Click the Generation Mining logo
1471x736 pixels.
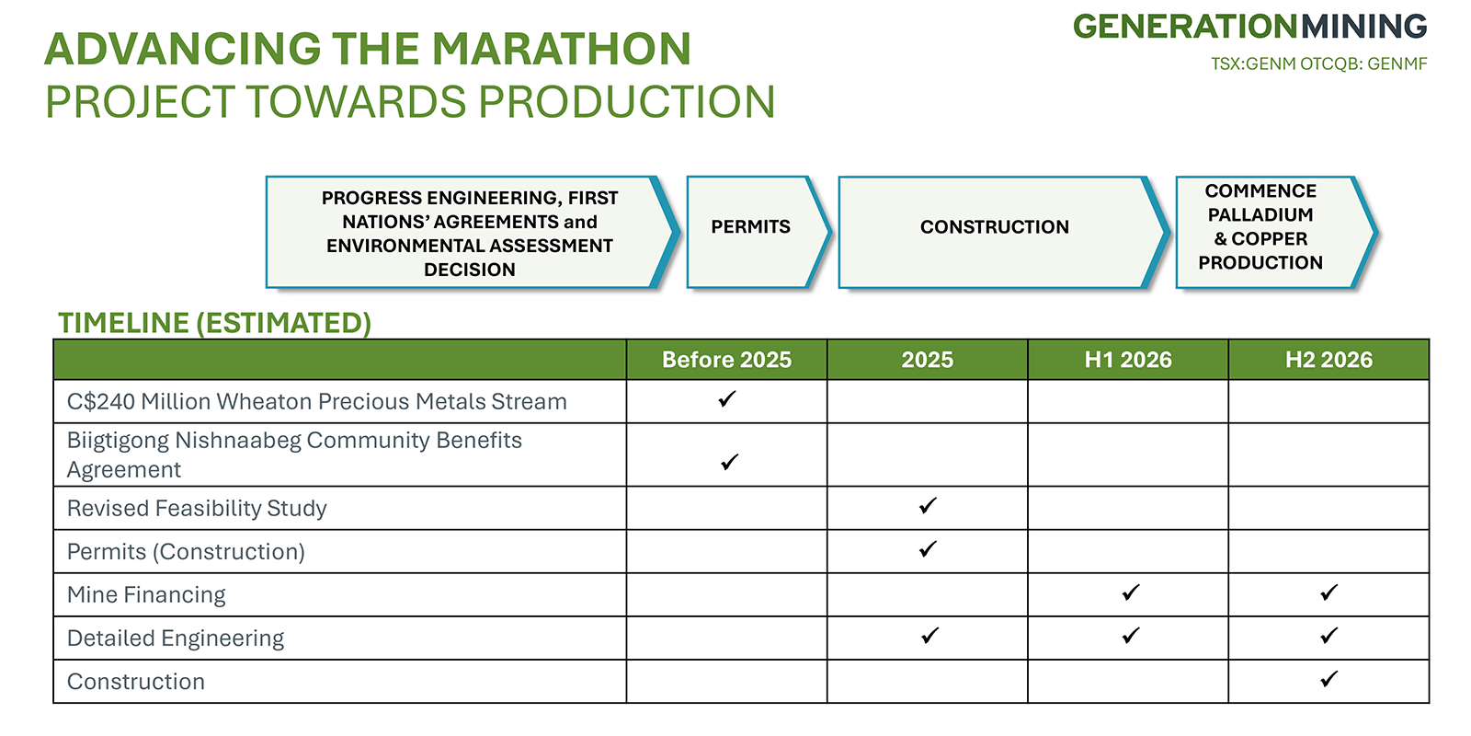1249,27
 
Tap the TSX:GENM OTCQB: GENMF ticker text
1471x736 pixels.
1318,64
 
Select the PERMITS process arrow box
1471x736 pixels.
759,232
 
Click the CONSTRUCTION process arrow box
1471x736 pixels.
1004,232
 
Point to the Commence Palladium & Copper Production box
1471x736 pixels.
1276,232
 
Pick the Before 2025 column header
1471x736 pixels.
726,360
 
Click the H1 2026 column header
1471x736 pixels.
1127,360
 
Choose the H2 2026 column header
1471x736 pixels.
1328,360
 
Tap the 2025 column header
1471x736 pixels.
927,360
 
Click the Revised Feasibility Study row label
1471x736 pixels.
197,509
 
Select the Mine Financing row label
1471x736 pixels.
146,594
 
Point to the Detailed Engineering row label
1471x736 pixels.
176,638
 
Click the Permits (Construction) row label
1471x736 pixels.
186,552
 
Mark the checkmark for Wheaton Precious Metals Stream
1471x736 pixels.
727,398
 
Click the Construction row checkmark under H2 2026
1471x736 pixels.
1329,678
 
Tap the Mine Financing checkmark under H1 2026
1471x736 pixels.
1131,592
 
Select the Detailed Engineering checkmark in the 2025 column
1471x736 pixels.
929,635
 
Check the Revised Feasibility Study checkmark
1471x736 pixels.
928,505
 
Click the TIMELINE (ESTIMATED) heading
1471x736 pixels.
215,323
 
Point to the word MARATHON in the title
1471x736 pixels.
562,50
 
